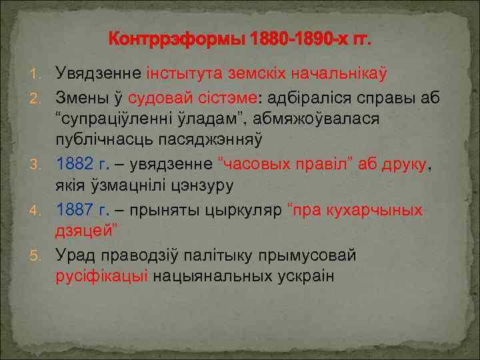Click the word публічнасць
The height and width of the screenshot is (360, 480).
click(x=113, y=139)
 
